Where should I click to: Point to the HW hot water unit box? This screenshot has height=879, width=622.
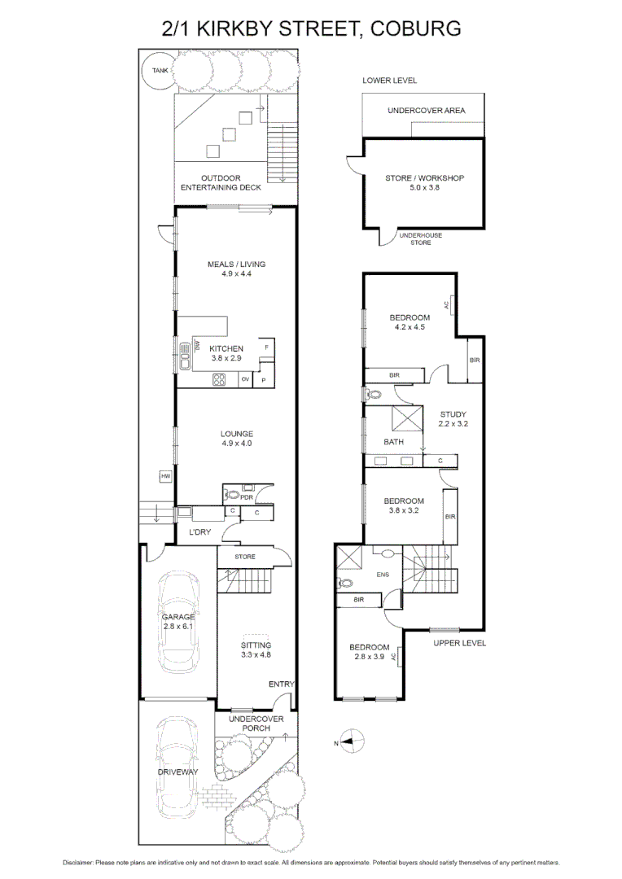tap(165, 476)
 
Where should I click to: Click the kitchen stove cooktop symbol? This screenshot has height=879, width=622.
tap(220, 378)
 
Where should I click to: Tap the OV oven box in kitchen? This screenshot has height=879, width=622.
tap(245, 379)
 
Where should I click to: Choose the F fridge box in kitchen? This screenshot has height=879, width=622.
tap(266, 348)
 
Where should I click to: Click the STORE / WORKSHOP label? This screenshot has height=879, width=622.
tap(424, 183)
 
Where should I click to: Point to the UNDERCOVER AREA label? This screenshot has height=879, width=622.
tap(425, 110)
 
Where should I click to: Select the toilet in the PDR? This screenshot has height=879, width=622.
tap(232, 494)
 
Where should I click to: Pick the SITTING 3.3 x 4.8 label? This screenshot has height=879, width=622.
tap(256, 649)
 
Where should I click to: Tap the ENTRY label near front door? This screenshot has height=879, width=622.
tap(281, 684)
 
